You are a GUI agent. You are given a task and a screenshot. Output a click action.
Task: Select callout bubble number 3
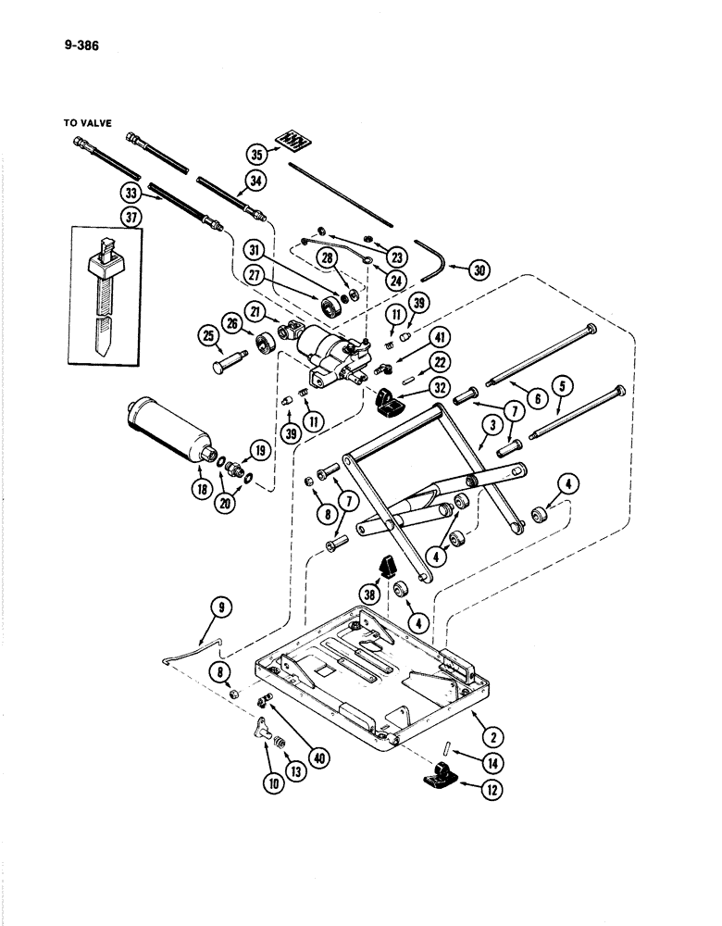click(x=492, y=425)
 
